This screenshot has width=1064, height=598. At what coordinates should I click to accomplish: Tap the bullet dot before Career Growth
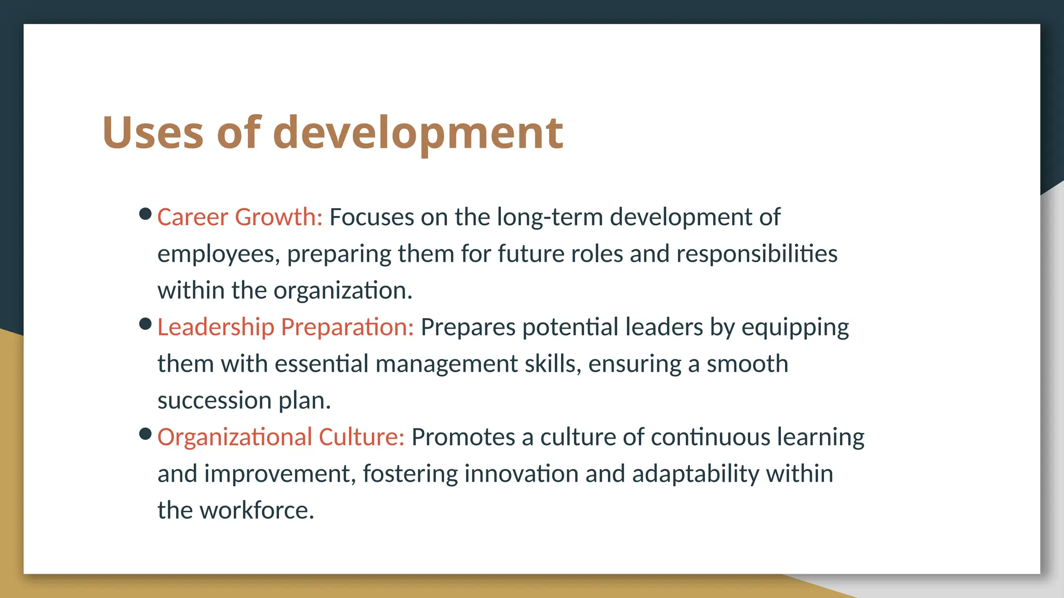[145, 214]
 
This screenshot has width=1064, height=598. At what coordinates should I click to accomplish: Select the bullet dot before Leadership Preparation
[145, 324]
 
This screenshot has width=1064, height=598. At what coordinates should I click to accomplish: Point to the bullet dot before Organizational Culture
[145, 434]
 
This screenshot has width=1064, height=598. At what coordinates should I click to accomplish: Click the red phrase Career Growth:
[240, 217]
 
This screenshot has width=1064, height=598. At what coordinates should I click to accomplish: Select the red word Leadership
[216, 327]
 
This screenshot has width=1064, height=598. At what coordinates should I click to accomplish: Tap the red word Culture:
[361, 437]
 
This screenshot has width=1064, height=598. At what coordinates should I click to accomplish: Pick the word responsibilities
[756, 254]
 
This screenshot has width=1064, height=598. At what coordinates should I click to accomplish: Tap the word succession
[215, 401]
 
